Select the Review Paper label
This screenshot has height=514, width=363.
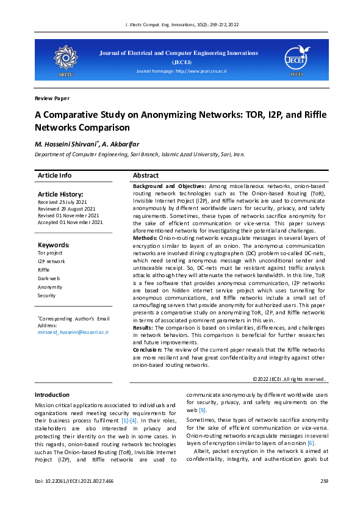tap(52, 98)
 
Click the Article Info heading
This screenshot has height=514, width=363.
tap(54, 175)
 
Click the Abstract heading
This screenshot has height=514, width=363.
tap(146, 175)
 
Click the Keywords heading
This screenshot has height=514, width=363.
tap(54, 245)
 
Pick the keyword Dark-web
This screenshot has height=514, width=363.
tap(49, 278)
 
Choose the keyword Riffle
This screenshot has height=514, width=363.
tap(44, 269)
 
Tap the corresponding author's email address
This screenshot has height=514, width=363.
tap(73, 332)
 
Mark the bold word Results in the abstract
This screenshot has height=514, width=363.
tap(144, 328)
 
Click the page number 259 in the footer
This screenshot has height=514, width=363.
tap(324, 482)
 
